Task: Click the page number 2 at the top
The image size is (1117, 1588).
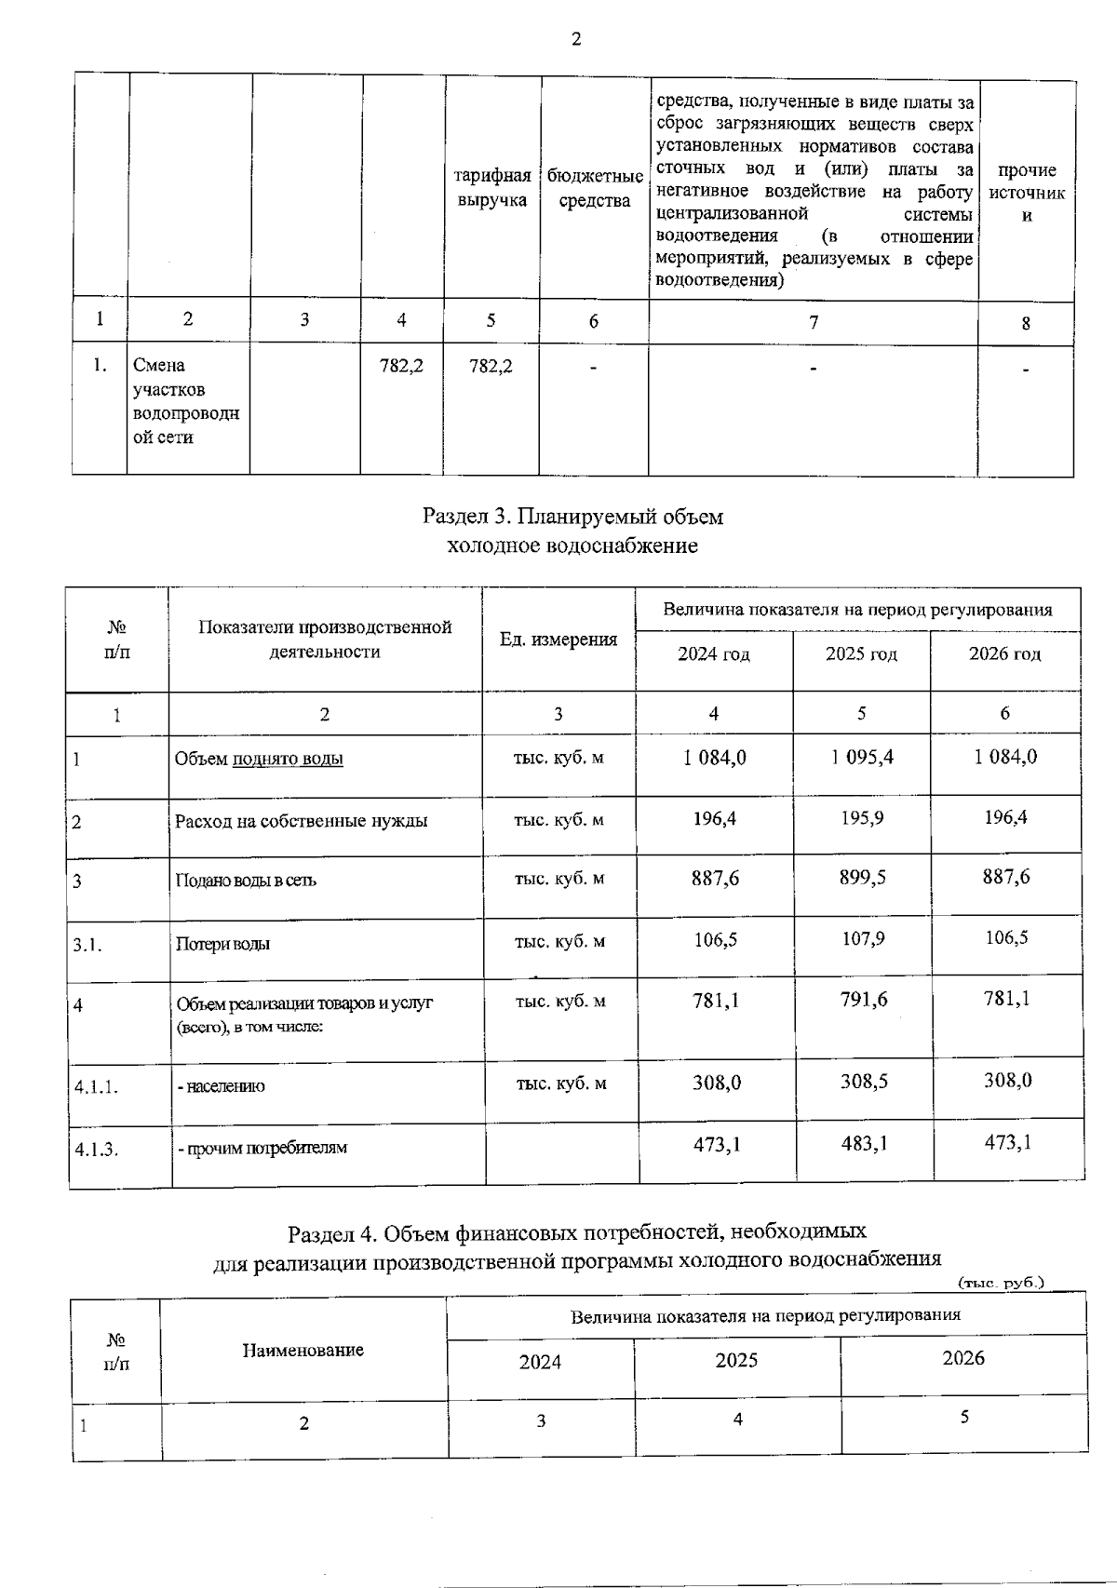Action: [575, 39]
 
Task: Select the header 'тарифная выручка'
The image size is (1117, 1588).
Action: [492, 188]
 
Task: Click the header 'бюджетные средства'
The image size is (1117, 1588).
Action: [595, 188]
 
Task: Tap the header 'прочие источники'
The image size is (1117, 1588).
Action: [1026, 193]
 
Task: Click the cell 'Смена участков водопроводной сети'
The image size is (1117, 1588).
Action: [186, 401]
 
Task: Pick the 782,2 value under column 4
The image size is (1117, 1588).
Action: [401, 366]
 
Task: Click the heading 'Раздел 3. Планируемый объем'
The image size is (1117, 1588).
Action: [572, 516]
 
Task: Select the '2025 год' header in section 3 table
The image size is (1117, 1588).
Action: [861, 654]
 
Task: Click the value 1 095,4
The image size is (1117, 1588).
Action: [862, 757]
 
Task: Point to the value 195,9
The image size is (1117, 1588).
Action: [863, 818]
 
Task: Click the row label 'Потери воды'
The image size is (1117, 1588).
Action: [223, 944]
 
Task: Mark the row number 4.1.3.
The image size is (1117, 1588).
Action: [97, 1149]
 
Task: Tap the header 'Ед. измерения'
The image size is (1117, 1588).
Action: [558, 639]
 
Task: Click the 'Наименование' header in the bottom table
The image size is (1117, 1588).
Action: [303, 1350]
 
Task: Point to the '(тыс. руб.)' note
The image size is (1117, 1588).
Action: [1001, 1283]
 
